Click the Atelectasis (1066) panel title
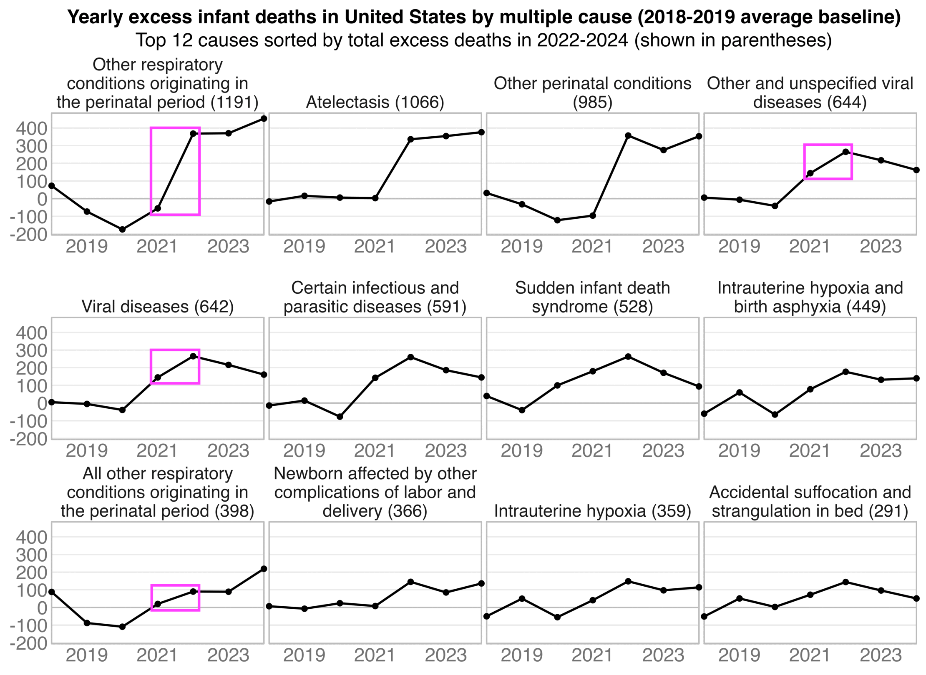point(375,102)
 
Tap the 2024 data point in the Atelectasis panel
point(481,132)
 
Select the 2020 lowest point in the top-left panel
point(122,230)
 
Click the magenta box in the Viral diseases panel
point(175,367)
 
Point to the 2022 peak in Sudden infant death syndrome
point(628,357)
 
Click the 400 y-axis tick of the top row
point(32,128)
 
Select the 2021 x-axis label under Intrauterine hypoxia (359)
point(592,655)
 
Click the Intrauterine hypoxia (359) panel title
point(592,511)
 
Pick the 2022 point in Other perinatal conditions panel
point(628,136)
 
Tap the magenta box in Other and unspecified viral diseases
point(828,162)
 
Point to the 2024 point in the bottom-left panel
point(264,569)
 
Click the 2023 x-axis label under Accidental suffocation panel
point(881,655)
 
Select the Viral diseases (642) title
point(158,307)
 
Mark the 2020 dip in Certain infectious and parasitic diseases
point(340,417)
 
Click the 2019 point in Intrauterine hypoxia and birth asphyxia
point(740,392)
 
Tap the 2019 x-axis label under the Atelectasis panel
point(304,247)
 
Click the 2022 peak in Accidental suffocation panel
point(845,582)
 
